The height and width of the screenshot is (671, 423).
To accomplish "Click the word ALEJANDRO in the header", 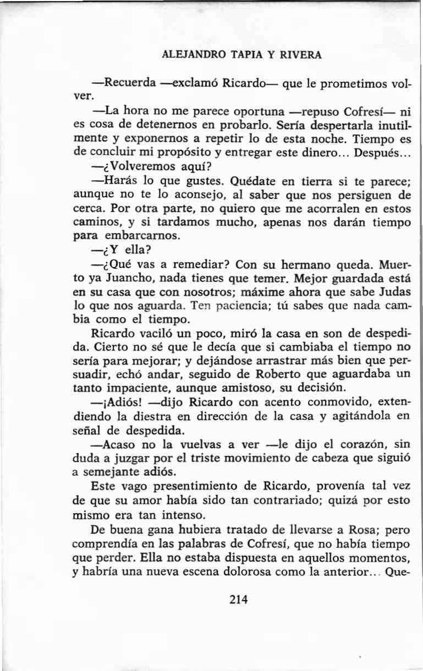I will click(189, 56).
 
